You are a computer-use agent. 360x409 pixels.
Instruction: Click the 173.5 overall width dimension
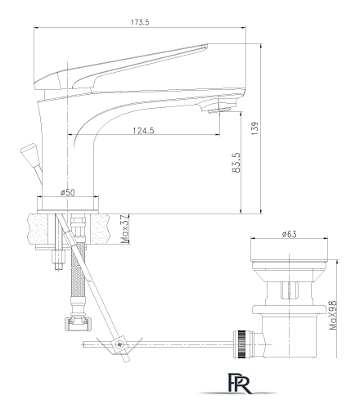pyautogui.click(x=140, y=22)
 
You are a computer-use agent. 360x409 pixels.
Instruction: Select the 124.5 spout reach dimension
pyautogui.click(x=143, y=131)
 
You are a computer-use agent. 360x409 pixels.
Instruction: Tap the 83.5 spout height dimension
pyautogui.click(x=236, y=162)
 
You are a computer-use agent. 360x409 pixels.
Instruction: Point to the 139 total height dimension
pyautogui.click(x=255, y=128)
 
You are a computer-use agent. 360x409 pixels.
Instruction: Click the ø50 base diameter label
pyautogui.click(x=68, y=192)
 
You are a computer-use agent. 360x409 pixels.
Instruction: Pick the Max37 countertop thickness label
pyautogui.click(x=124, y=229)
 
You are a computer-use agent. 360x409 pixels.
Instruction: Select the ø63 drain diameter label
pyautogui.click(x=290, y=234)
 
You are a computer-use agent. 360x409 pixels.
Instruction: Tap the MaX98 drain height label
pyautogui.click(x=333, y=315)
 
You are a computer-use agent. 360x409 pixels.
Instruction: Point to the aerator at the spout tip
pyautogui.click(x=219, y=110)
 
